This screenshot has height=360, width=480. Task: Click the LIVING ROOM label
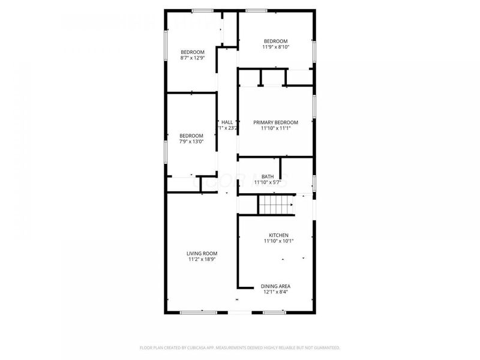click(x=202, y=253)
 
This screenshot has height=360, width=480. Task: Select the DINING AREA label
click(x=276, y=286)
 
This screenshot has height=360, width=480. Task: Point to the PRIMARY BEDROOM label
click(x=276, y=122)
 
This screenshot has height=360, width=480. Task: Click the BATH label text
click(x=268, y=176)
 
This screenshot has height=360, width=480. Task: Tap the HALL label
click(x=227, y=122)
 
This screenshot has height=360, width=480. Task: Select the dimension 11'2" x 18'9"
click(x=202, y=259)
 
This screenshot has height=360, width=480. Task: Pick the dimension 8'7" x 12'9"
click(x=193, y=58)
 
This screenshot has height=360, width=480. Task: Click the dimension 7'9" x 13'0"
click(x=192, y=142)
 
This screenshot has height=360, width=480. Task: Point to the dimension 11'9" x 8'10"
click(x=276, y=47)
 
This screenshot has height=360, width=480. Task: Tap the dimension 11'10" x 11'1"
click(x=276, y=128)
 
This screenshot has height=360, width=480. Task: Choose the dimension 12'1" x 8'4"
click(x=276, y=292)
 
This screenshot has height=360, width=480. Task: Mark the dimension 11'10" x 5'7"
click(x=268, y=182)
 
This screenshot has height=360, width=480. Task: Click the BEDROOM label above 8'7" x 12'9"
click(x=193, y=52)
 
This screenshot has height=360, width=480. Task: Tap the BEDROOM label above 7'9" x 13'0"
click(x=192, y=136)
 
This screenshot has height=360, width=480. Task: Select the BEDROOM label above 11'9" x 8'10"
click(x=276, y=41)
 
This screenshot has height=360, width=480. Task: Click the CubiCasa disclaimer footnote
click(x=240, y=347)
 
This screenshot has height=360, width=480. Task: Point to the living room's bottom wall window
click(x=199, y=312)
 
